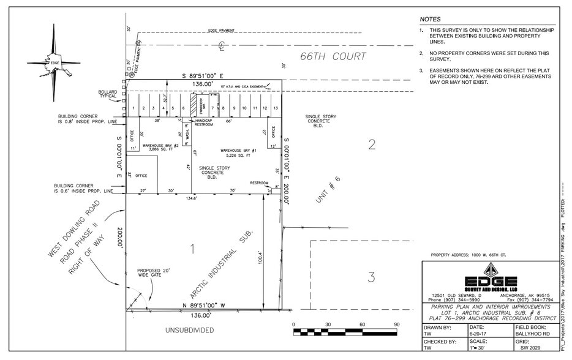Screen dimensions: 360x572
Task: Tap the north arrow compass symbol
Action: click(x=54, y=62)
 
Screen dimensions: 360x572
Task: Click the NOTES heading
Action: click(x=430, y=20)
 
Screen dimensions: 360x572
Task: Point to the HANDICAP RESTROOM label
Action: click(x=203, y=122)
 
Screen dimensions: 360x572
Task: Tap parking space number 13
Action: click(x=276, y=108)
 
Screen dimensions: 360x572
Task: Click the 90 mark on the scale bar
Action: click(x=396, y=324)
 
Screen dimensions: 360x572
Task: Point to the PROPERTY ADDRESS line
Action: click(x=469, y=255)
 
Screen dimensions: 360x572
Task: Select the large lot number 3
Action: click(x=371, y=277)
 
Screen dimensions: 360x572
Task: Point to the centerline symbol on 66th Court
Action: click(x=223, y=45)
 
